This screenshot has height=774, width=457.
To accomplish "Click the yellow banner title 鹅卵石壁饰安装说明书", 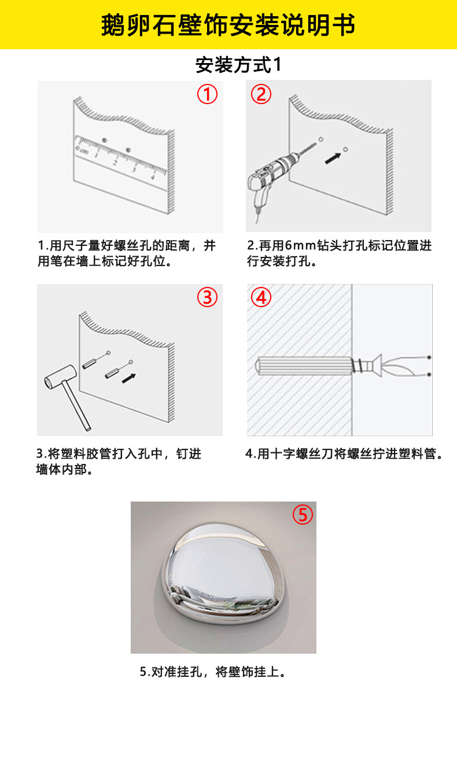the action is [228, 25].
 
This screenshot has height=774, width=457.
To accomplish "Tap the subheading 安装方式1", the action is [238, 65].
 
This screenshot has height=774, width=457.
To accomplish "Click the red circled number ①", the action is [207, 94].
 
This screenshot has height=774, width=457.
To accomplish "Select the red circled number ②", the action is [261, 94].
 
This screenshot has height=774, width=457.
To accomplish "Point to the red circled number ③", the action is [207, 297].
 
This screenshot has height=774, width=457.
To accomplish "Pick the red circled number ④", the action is [261, 297].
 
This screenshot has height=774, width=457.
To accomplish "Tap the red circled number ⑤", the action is [303, 515].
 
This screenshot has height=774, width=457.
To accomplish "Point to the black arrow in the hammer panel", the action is [129, 378].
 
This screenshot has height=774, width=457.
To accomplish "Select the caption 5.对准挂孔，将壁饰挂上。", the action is [213, 672].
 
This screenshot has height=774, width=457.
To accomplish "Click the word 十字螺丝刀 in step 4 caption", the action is [301, 454].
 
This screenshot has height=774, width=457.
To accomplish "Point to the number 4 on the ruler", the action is [152, 177].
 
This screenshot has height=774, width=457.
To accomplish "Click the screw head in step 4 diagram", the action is [375, 366].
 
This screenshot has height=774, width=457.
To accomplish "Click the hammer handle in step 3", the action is [77, 405].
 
